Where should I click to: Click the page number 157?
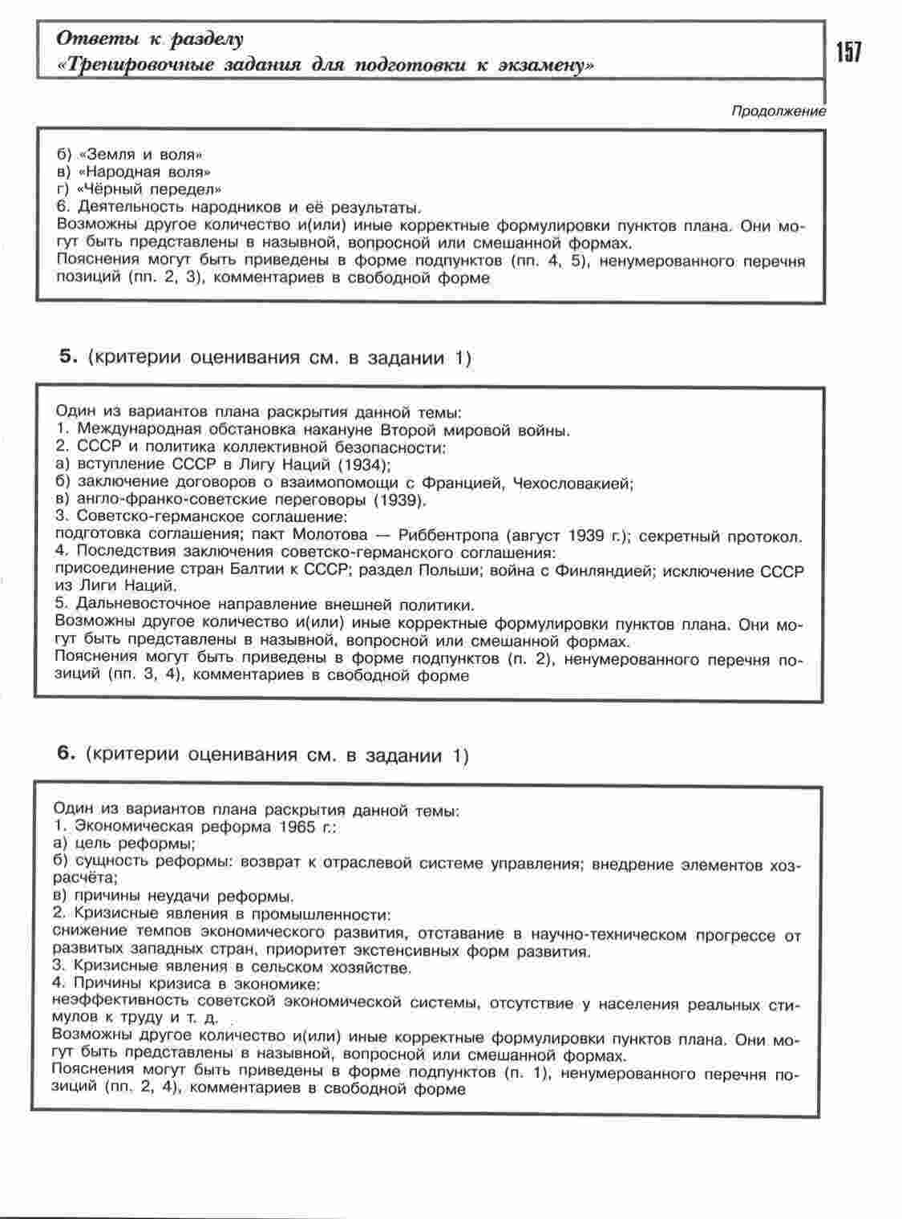tap(848, 53)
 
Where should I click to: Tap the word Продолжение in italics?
tap(778, 111)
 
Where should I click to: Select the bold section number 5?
tap(67, 357)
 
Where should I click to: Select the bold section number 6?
tap(67, 754)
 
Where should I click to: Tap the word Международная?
tap(140, 430)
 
